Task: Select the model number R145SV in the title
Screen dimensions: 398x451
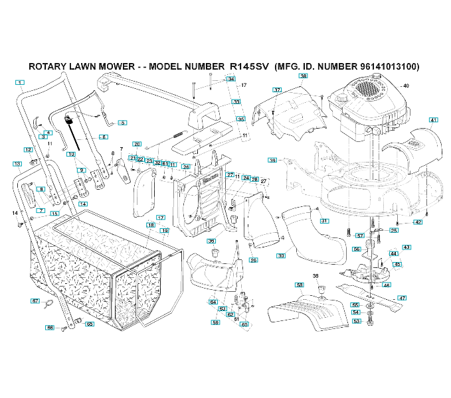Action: (248, 67)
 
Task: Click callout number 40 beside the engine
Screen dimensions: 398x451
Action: (406, 86)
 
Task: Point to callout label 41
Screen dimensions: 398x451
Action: (434, 120)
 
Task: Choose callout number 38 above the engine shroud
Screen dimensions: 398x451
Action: (303, 76)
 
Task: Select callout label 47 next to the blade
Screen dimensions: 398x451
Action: (402, 298)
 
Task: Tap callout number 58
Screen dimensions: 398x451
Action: (300, 285)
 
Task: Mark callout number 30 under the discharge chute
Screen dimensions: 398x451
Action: (280, 255)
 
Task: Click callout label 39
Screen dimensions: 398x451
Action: (272, 160)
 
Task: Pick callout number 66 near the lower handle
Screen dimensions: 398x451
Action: (50, 327)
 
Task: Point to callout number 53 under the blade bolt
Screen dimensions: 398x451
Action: (356, 321)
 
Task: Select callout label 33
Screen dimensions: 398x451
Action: (236, 101)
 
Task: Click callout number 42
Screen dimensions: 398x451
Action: (418, 222)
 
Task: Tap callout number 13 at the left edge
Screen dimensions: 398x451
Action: (17, 163)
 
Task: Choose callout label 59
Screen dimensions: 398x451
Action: (215, 322)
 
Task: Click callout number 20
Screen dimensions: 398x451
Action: (137, 143)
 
